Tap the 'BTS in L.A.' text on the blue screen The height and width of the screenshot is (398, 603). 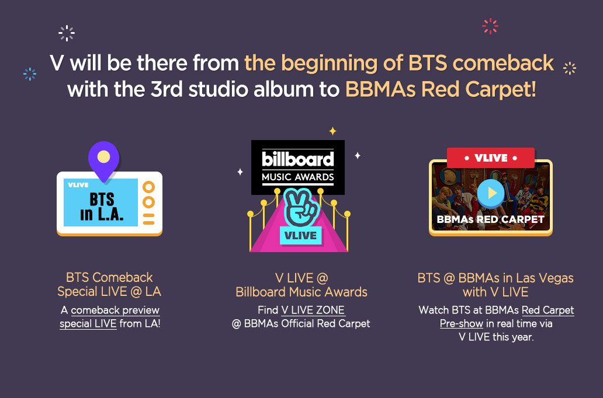coord(102,207)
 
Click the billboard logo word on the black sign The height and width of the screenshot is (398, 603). coord(297,159)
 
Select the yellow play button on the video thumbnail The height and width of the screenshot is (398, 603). coord(491,193)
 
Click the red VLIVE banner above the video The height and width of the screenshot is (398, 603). coord(491,158)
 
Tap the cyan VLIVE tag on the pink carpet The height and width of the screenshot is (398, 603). coord(300,235)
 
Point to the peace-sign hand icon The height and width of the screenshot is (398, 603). coord(300,207)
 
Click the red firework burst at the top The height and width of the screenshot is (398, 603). coord(490,26)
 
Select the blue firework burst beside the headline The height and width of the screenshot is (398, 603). coord(30,74)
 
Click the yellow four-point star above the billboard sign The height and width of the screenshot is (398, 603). coord(332,131)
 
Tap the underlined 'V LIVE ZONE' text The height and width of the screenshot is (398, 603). coord(313,310)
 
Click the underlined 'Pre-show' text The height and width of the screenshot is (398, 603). coord(462,324)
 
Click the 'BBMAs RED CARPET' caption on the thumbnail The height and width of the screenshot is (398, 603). coord(491,219)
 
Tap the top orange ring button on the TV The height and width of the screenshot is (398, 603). coord(148,187)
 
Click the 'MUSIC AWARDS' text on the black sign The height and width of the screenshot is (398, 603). coord(297,177)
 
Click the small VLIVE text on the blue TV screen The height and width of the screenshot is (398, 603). coord(78,185)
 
